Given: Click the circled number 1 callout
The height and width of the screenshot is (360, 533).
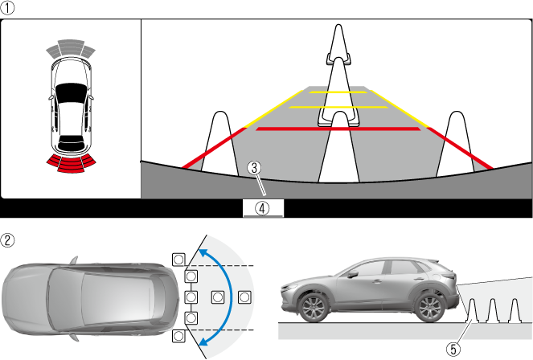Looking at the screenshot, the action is click(x=7, y=8).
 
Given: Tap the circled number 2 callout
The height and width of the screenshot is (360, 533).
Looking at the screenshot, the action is click(x=7, y=240).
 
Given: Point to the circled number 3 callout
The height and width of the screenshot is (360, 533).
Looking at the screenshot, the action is click(x=254, y=168).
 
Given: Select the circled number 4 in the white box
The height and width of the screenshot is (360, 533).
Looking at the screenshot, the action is click(x=262, y=208).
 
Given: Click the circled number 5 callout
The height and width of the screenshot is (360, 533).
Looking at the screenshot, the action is click(x=453, y=349).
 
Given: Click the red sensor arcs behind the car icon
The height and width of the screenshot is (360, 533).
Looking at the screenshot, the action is click(x=71, y=162).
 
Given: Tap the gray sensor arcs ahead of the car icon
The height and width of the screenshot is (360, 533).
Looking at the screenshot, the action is click(x=71, y=48).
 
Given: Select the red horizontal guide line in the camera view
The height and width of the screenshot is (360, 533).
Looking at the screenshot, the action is click(x=338, y=129).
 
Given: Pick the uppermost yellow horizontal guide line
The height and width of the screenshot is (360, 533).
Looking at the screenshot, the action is click(x=338, y=92).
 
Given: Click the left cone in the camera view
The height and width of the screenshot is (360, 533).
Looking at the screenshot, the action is click(x=220, y=143).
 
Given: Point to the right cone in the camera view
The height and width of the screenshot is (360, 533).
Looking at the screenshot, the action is click(x=455, y=143).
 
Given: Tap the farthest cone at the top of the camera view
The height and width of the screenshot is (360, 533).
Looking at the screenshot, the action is click(x=338, y=44).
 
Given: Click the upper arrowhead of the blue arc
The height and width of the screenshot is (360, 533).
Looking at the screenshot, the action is click(x=203, y=253).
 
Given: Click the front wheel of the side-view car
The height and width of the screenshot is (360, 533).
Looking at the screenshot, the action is click(x=313, y=308).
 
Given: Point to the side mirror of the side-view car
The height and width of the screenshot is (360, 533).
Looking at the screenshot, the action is click(x=352, y=274).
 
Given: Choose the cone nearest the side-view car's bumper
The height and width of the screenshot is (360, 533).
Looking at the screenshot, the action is click(x=471, y=310).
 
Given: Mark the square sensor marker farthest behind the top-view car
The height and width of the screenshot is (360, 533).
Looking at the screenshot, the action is click(x=244, y=297).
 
